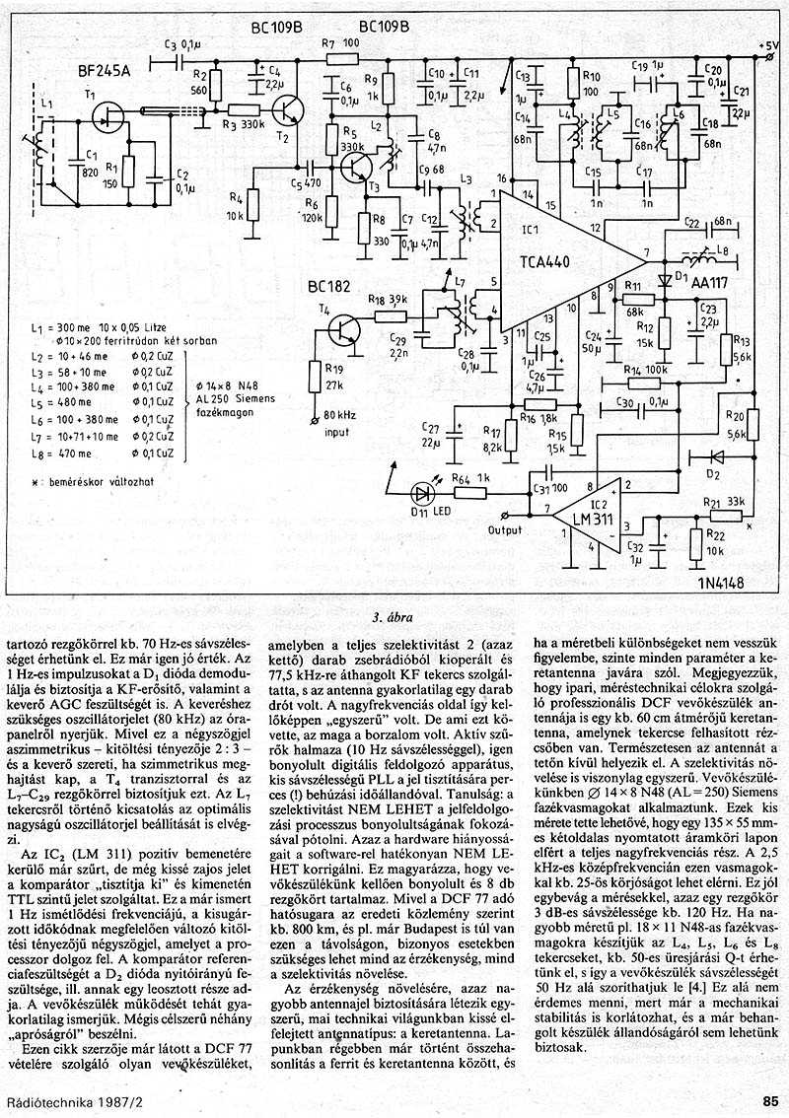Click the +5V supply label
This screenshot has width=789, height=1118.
click(766, 45)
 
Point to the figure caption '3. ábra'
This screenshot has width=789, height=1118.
click(392, 619)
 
